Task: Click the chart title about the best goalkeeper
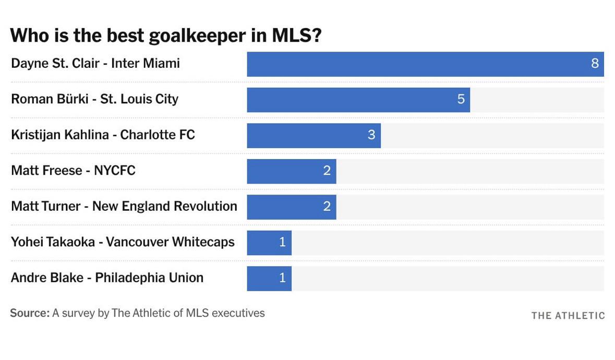166,35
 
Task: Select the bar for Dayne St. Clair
417,64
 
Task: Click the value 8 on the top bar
595,64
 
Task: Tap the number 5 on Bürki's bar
461,99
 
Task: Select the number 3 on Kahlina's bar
371,135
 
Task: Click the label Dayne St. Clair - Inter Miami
95,64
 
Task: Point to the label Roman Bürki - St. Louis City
94,99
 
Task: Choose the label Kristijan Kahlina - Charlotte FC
103,135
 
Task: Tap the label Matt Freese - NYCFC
73,171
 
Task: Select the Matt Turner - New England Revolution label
124,206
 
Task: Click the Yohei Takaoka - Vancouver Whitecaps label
123,242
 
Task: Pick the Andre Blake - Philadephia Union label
107,278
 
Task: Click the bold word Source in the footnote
29,313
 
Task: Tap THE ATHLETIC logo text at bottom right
568,316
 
